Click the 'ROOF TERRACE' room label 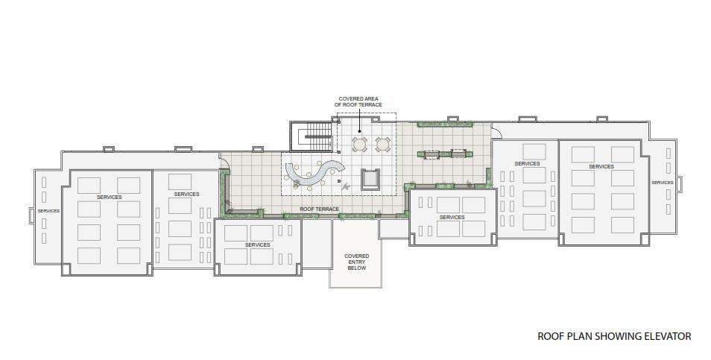pyautogui.click(x=319, y=209)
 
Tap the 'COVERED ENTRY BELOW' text pyautogui.click(x=357, y=262)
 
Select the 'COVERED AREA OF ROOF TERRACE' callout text pyautogui.click(x=358, y=101)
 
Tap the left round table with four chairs pyautogui.click(x=359, y=144)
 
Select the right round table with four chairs pyautogui.click(x=383, y=144)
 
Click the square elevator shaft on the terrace pyautogui.click(x=370, y=180)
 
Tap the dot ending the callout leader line pyautogui.click(x=358, y=131)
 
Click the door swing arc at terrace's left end pyautogui.click(x=224, y=162)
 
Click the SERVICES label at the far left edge pyautogui.click(x=48, y=211)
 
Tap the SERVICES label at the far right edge pyautogui.click(x=663, y=183)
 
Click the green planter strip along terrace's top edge pyautogui.click(x=445, y=124)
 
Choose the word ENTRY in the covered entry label pyautogui.click(x=357, y=262)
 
